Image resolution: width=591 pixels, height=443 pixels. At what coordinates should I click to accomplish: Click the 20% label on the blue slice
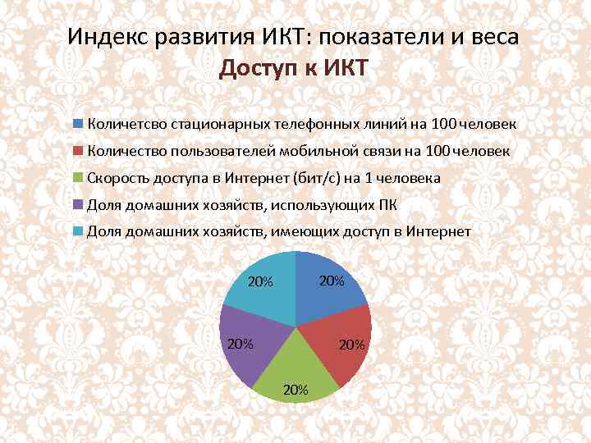click(331, 281)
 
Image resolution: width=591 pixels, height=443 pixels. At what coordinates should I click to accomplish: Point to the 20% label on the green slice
click(295, 390)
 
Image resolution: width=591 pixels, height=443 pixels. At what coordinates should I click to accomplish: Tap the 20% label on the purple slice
click(240, 344)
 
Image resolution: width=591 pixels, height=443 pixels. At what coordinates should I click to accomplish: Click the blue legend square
click(78, 124)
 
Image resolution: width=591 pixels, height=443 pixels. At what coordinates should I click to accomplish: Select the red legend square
click(78, 151)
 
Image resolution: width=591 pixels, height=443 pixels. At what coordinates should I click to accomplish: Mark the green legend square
click(78, 177)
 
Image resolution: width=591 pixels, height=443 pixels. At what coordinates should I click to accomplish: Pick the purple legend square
click(78, 204)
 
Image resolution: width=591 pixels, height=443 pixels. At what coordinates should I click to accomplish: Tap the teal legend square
click(78, 231)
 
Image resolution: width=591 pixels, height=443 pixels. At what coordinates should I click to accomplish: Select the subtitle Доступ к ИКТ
click(295, 69)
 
